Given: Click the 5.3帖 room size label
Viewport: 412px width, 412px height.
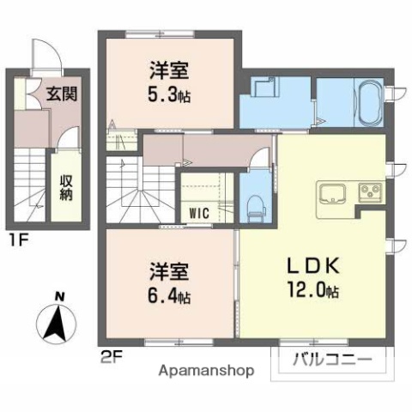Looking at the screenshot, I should click(167, 96).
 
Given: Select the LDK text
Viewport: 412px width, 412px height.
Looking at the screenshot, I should click(315, 263).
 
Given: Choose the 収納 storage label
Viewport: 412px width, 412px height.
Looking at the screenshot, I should click(65, 187).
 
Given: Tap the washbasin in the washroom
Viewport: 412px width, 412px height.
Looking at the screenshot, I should click(264, 88).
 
